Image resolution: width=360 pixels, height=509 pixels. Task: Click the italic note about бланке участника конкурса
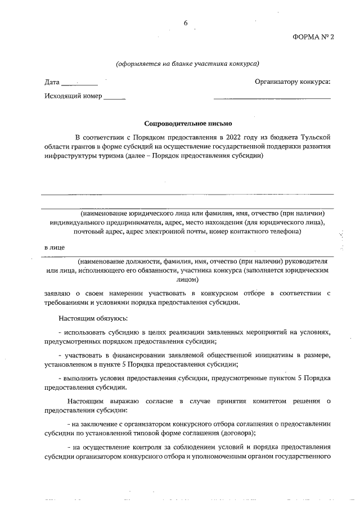187,64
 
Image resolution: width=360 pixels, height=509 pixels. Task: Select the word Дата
52,82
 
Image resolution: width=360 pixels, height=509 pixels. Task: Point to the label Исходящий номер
73,96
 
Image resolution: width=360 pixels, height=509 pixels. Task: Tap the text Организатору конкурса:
292,82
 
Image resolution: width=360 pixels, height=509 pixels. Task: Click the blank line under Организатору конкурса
272,98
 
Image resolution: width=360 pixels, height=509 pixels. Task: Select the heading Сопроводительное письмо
187,123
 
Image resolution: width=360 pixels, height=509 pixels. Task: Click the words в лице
55,247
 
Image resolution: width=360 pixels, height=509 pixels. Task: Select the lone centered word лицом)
187,278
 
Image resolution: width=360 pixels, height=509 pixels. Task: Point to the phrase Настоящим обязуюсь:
97,318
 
